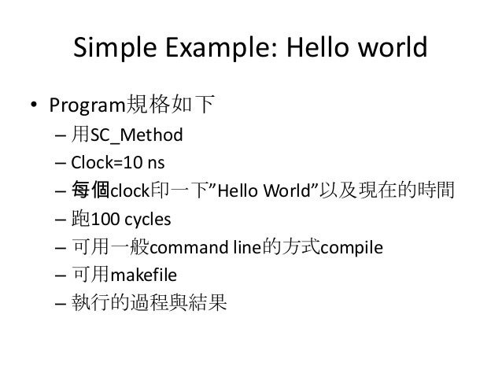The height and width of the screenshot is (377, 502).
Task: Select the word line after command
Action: tap(238, 248)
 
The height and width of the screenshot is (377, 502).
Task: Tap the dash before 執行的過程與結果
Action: tap(61, 305)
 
